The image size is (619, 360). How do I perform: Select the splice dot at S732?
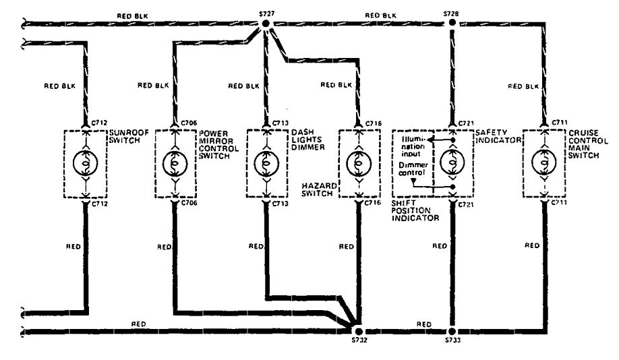coord(358,332)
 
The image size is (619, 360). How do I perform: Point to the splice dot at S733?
coord(451,332)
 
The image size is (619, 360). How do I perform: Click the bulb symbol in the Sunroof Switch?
coord(84,163)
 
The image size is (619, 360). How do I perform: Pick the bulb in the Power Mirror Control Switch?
coord(175,163)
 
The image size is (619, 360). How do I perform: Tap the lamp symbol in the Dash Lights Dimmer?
coord(266,163)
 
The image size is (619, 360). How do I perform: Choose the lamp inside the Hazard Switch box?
coord(358,163)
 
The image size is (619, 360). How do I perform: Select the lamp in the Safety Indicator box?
coord(451,163)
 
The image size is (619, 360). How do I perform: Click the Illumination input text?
coord(413,145)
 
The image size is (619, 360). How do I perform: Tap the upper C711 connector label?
coord(559,123)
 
